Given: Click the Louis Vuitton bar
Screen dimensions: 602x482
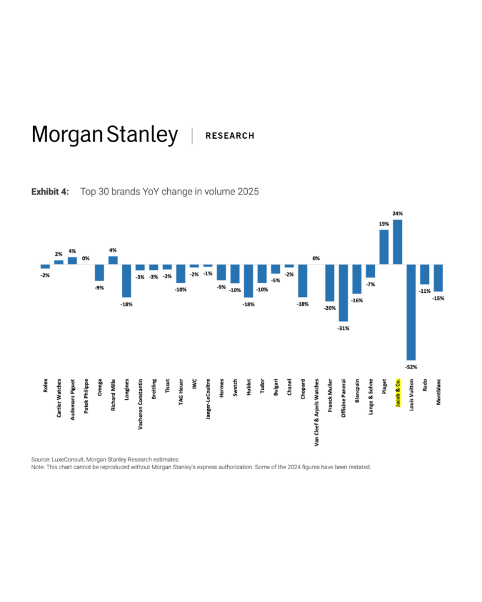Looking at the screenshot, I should (411, 312).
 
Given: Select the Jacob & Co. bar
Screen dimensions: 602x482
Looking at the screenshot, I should (397, 242).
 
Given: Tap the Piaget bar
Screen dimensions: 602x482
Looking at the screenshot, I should (384, 247).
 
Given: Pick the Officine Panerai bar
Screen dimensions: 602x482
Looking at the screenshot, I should (343, 293).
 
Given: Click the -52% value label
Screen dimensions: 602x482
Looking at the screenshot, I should (411, 366).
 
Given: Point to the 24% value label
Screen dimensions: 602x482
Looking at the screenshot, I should (397, 214).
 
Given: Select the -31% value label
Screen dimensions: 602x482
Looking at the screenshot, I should (343, 328).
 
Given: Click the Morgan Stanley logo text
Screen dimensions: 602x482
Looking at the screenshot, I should (104, 135).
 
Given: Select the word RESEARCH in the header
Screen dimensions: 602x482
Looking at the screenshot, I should (230, 136).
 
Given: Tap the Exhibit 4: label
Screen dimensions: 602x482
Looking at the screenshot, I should (50, 192).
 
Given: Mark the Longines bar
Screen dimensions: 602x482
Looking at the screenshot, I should (127, 280).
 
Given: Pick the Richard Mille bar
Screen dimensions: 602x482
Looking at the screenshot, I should (113, 260).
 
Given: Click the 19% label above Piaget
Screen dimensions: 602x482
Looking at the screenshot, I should (384, 224).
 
